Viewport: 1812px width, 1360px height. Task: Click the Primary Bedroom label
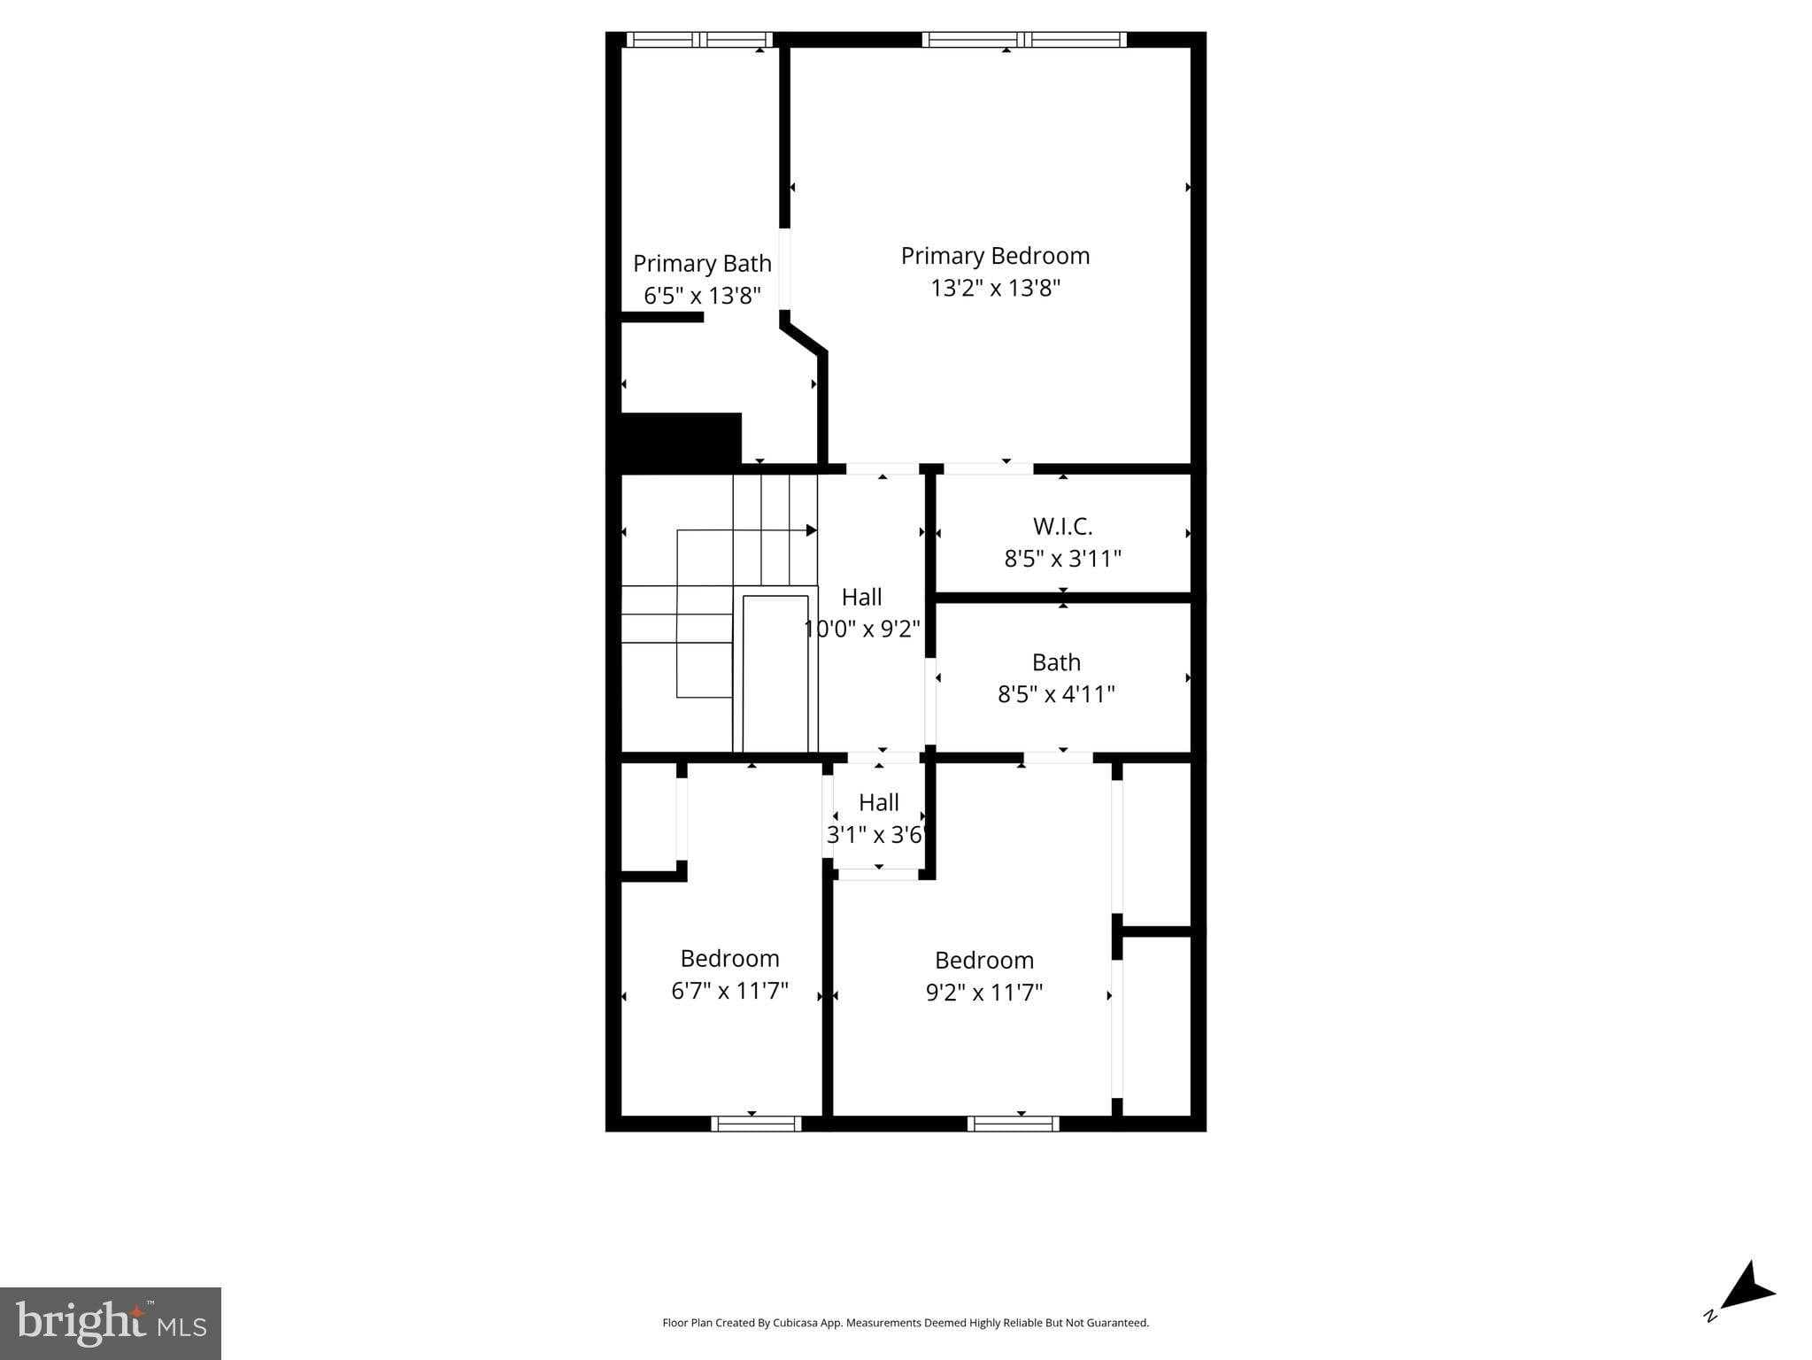995,256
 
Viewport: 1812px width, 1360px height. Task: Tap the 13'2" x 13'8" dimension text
995,288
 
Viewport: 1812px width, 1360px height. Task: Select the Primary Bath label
702,264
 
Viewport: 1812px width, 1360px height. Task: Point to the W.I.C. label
1062,527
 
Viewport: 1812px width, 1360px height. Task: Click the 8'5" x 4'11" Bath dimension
1056,694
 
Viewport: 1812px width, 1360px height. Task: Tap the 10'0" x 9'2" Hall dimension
862,630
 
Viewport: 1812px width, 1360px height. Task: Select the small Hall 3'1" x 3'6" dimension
875,835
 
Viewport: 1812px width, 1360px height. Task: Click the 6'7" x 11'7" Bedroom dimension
729,991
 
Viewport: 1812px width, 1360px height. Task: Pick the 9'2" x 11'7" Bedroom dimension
984,993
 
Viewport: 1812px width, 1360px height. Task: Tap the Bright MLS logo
111,1323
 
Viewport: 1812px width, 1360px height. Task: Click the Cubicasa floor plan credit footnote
906,1323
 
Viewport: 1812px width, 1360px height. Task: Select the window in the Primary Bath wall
699,40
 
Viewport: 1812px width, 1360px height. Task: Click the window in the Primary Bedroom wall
1024,40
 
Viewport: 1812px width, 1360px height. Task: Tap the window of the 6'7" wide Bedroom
756,1124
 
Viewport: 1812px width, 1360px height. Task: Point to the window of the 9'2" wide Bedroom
1013,1124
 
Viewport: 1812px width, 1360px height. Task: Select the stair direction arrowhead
811,530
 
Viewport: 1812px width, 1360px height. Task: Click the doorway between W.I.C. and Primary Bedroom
988,468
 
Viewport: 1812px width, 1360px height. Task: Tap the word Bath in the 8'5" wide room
1056,662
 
